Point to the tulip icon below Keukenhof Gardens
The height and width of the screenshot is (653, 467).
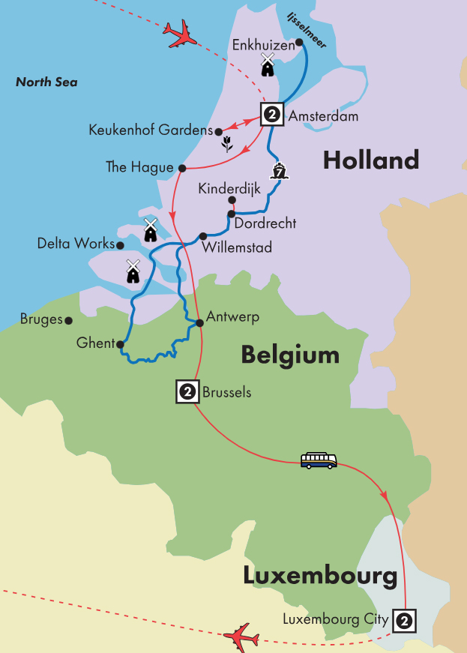227,143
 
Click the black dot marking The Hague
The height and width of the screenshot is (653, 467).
181,167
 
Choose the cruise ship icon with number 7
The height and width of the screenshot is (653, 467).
280,171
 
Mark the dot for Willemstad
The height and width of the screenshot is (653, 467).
203,236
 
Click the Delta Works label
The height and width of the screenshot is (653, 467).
76,244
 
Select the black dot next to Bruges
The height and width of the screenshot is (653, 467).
69,320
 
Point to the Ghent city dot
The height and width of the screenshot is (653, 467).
120,344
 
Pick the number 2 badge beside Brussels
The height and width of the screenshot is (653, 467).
187,391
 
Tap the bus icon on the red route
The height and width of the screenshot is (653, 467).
319,460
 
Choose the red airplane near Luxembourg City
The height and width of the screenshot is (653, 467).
241,637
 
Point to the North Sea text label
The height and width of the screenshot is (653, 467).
46,82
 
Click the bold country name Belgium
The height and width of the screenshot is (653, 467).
290,355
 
